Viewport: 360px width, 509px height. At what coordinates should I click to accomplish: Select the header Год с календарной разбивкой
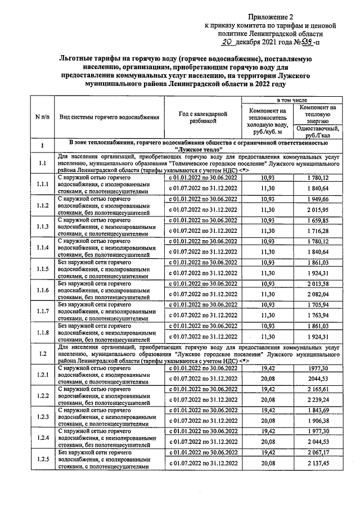[x=202, y=117]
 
